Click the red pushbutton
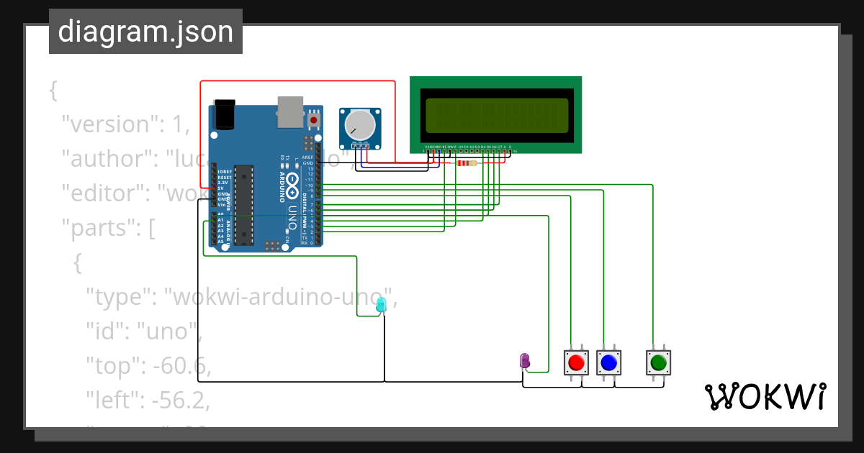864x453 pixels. [x=575, y=362]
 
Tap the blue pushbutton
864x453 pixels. [x=609, y=362]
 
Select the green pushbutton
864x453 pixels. [x=658, y=362]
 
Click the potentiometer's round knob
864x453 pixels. [x=360, y=125]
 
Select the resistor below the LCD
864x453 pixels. [x=467, y=163]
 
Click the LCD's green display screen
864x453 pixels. [x=495, y=115]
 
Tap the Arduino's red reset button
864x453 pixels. [x=314, y=119]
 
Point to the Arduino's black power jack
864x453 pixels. [x=225, y=114]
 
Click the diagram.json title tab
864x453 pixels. [x=145, y=32]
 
